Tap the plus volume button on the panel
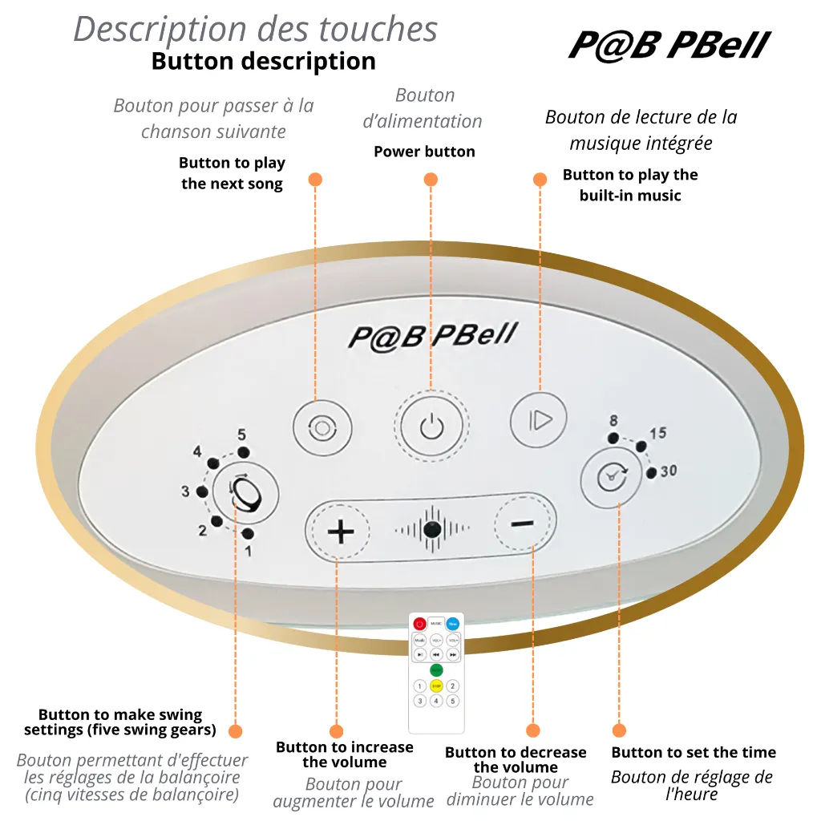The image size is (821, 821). [341, 532]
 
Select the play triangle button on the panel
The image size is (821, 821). [539, 419]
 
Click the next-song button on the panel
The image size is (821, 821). [322, 428]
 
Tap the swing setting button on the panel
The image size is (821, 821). [245, 491]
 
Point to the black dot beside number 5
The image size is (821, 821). [244, 453]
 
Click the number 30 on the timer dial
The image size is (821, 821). [668, 471]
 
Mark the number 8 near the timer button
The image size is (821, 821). [613, 421]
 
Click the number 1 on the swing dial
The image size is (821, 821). [248, 551]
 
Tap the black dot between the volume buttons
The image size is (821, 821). [432, 529]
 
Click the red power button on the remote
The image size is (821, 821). [419, 623]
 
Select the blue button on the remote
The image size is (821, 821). [453, 623]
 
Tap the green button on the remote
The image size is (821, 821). [436, 669]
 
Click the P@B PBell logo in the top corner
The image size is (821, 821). [669, 46]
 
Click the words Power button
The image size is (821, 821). [424, 152]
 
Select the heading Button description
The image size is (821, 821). [263, 62]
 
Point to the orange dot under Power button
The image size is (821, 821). [431, 180]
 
